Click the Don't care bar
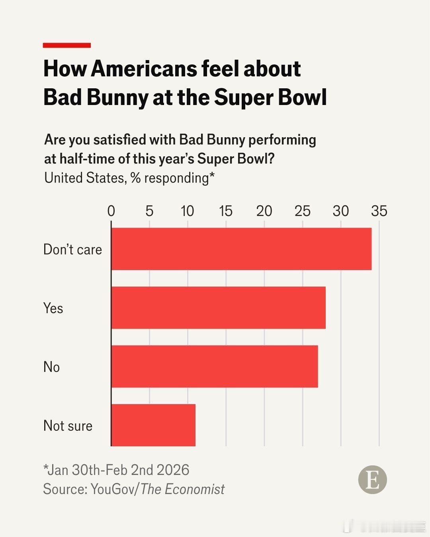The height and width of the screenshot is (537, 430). [x=241, y=249]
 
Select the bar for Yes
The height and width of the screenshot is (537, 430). [x=218, y=307]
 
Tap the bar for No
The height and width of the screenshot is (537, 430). [x=215, y=366]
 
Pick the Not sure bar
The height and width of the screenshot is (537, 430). [x=153, y=425]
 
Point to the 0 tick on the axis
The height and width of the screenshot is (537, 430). [x=111, y=211]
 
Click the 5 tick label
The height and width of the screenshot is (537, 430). [x=149, y=211]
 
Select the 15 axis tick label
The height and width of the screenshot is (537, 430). [x=226, y=211]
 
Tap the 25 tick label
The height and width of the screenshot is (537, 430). [x=303, y=211]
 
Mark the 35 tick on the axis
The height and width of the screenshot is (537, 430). [x=379, y=211]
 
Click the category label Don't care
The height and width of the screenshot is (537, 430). [x=72, y=249]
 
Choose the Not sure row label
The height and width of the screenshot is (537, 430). [x=68, y=426]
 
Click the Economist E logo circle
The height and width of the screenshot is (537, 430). [x=372, y=480]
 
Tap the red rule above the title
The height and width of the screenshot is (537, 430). [x=67, y=45]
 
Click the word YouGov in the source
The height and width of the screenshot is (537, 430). [x=113, y=489]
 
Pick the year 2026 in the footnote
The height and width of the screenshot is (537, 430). [x=173, y=470]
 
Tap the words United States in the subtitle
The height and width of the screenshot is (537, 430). [x=85, y=178]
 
